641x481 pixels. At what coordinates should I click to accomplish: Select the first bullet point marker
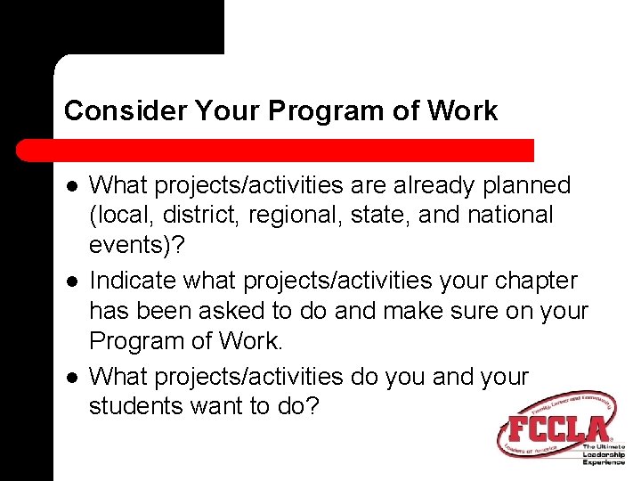point(70,186)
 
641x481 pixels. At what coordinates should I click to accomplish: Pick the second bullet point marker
point(70,281)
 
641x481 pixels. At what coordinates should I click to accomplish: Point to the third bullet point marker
point(70,377)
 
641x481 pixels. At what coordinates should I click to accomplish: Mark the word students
point(130,406)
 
